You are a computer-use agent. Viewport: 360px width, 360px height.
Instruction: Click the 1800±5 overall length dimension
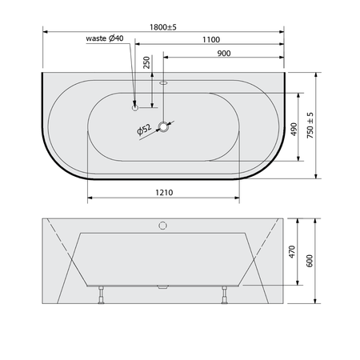[163, 27]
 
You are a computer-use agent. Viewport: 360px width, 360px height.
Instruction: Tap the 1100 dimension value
[211, 40]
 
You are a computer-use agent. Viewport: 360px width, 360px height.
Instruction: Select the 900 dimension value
[224, 54]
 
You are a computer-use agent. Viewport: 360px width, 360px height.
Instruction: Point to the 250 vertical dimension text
[146, 62]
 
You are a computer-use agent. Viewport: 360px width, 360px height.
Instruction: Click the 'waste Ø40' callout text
[105, 38]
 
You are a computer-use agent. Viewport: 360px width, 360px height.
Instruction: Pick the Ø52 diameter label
[144, 130]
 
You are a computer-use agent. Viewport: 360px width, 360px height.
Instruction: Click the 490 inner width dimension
[294, 130]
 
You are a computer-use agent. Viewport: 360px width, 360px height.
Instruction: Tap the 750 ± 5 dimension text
[310, 125]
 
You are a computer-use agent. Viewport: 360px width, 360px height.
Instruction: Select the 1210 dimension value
[164, 192]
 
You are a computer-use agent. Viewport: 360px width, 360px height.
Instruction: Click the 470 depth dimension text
[292, 252]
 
